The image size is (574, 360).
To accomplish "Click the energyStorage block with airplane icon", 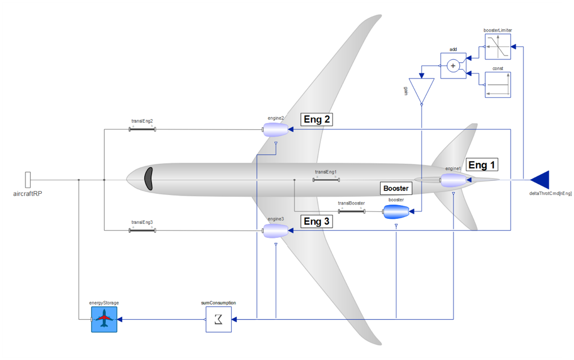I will (x=105, y=319).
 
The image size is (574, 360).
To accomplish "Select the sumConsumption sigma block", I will (x=218, y=319).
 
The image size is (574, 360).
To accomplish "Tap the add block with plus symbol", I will (x=453, y=66).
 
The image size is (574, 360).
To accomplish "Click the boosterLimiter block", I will (x=498, y=46).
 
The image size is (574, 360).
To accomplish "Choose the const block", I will (x=498, y=85).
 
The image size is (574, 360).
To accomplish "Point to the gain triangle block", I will (x=421, y=90).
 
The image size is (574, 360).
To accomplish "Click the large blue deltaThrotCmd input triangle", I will (x=541, y=180).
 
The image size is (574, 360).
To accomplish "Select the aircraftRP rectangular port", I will (x=28, y=180).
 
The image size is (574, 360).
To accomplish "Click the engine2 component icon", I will (x=276, y=131).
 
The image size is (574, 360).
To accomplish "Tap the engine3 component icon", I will (x=276, y=230).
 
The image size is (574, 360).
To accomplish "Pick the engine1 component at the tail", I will (x=454, y=180).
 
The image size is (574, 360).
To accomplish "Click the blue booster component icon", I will (x=396, y=212).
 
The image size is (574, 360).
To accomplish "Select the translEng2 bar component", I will (x=143, y=129).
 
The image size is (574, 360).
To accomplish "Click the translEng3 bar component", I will (x=143, y=230).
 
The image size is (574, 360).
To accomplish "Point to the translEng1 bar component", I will (x=326, y=180).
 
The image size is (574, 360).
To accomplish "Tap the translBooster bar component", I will (x=351, y=211).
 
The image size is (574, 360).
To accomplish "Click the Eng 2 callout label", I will (x=317, y=119).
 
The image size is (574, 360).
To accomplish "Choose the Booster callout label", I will (x=396, y=188).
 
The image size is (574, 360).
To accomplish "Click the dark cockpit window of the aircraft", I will (x=149, y=179).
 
